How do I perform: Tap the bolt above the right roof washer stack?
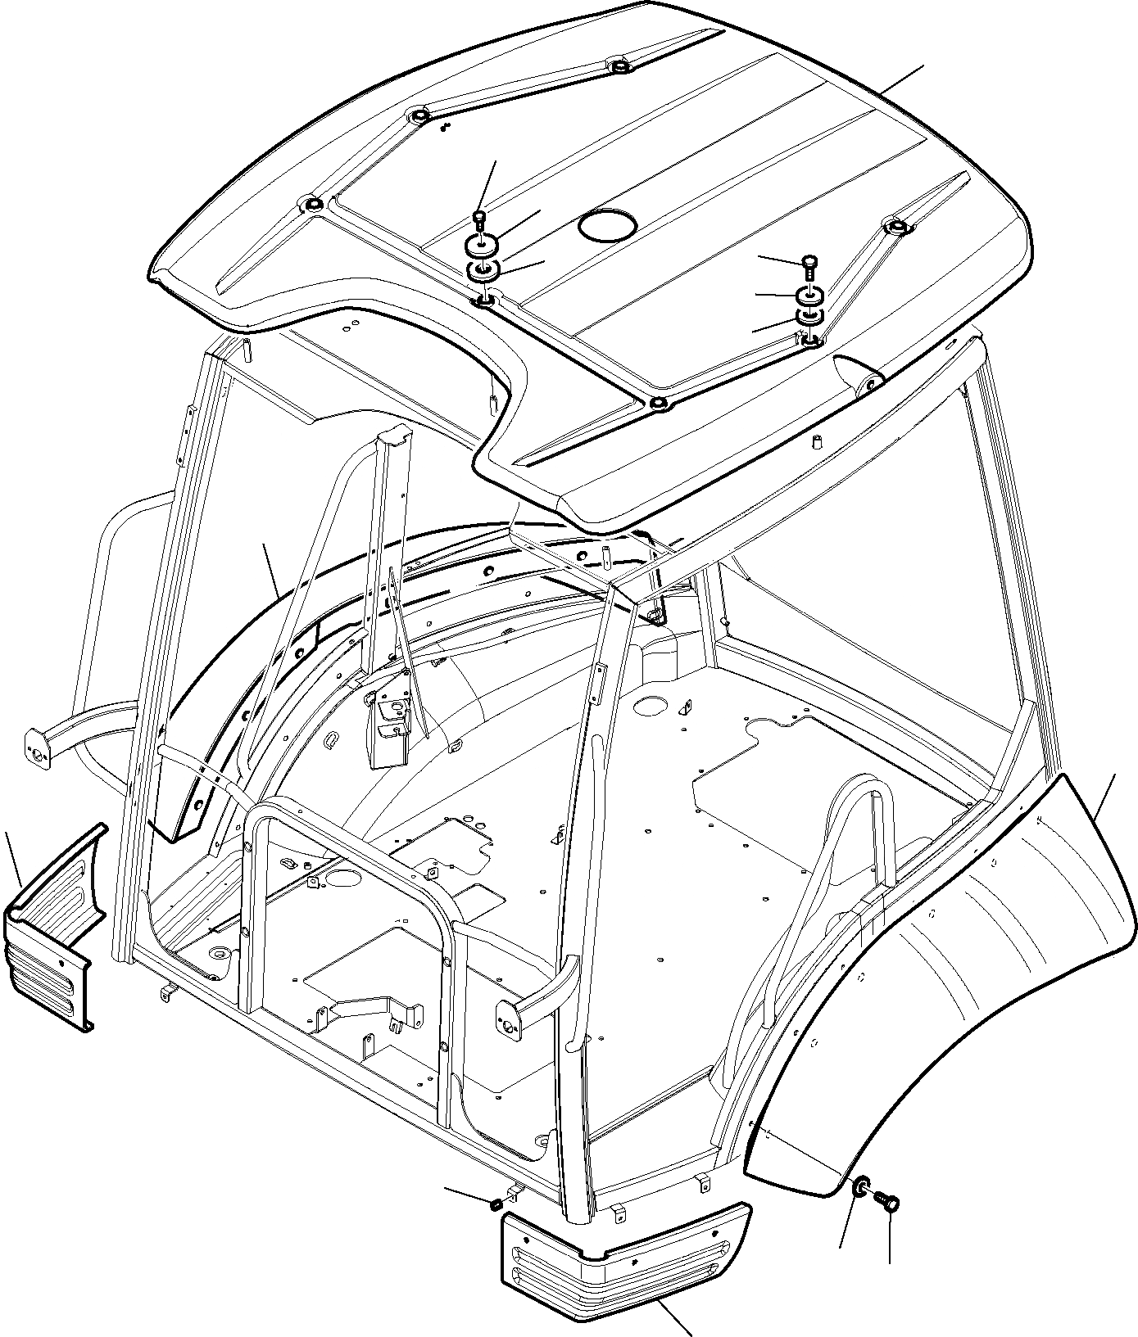[x=809, y=264]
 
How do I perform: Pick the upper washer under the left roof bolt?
[x=483, y=244]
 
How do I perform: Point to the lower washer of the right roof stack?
[x=809, y=316]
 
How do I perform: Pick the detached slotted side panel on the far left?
[x=54, y=929]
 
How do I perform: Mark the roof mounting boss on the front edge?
[x=658, y=404]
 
